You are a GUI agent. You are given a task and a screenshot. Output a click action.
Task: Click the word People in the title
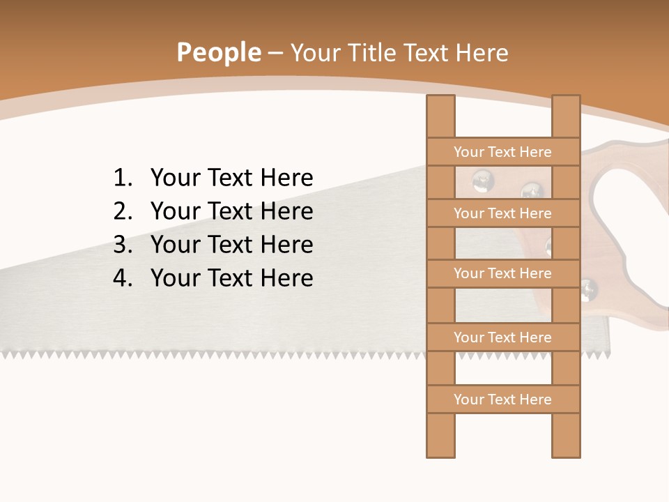pyautogui.click(x=218, y=52)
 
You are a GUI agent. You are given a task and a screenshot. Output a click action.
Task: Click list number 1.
pyautogui.click(x=122, y=178)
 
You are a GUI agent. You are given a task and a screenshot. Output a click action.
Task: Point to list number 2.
pyautogui.click(x=122, y=211)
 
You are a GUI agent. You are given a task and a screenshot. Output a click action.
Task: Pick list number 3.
pyautogui.click(x=122, y=245)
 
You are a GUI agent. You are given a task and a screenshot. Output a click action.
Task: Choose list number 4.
pyautogui.click(x=122, y=278)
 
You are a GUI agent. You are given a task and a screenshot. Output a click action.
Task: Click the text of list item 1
pyautogui.click(x=231, y=178)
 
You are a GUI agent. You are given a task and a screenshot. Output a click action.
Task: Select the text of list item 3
pyautogui.click(x=231, y=245)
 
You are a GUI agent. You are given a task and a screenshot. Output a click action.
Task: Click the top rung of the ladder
pyautogui.click(x=503, y=152)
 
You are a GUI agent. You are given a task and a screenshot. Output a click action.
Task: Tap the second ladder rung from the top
pyautogui.click(x=503, y=213)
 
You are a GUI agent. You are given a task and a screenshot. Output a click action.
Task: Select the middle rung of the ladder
pyautogui.click(x=503, y=273)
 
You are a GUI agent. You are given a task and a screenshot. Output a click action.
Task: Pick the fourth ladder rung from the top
pyautogui.click(x=503, y=337)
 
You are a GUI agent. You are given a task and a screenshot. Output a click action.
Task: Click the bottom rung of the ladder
pyautogui.click(x=503, y=400)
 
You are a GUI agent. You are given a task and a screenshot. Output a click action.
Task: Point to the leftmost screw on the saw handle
pyautogui.click(x=482, y=181)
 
